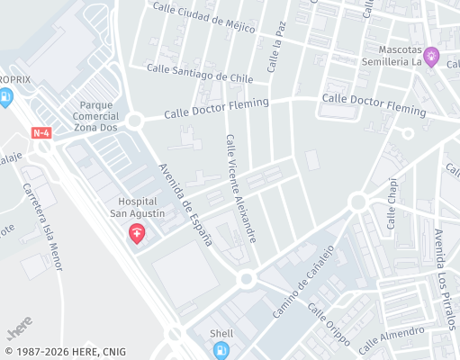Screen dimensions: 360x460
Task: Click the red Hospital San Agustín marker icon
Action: tap(137, 235)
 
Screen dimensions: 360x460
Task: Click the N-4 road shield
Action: tap(41, 133)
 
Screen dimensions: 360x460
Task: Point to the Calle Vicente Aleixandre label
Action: tap(241, 188)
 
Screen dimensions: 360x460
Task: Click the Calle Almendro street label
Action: tap(392, 339)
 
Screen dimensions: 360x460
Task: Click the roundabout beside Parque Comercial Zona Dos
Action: tap(135, 121)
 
